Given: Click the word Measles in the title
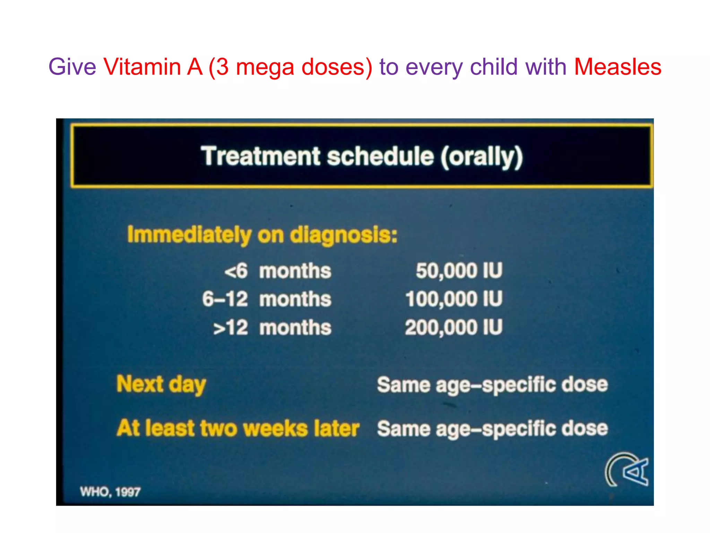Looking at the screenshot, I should click(x=617, y=67).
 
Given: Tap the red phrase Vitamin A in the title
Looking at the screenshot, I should click(x=153, y=67).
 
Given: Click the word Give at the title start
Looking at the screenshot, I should click(x=72, y=67).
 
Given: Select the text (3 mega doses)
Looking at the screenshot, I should click(x=290, y=67).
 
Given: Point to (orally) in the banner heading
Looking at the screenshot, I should click(x=482, y=156).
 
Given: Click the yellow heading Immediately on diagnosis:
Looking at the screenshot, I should click(x=262, y=235).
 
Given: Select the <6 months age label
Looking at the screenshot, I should click(x=278, y=271).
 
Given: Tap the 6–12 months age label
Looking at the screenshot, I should click(x=267, y=299).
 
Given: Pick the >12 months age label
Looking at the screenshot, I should click(x=272, y=328).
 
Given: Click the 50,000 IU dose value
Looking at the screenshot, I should click(x=459, y=271).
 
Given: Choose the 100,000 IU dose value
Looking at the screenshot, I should click(x=453, y=299).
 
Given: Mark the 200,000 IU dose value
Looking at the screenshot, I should click(x=453, y=328).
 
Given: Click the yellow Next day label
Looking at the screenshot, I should click(x=161, y=384).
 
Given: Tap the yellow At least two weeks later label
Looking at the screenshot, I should click(x=238, y=428).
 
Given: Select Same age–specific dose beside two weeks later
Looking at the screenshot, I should click(x=492, y=429).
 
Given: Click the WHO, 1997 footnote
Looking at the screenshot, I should click(x=110, y=492).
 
